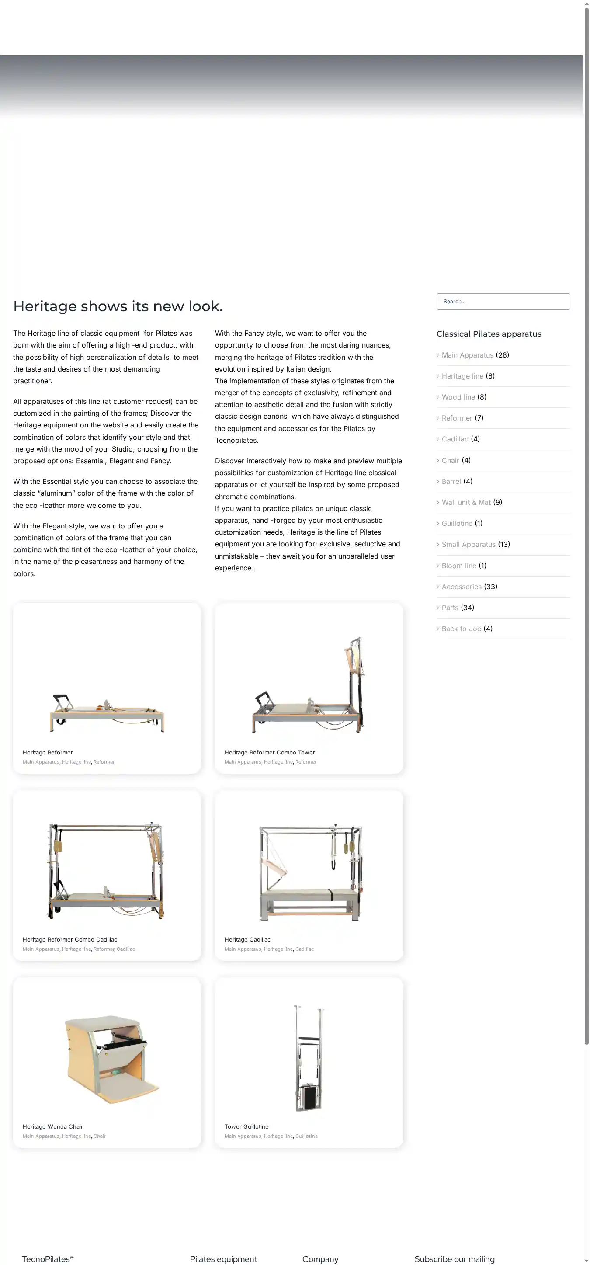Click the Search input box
pyautogui.click(x=503, y=302)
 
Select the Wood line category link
pyautogui.click(x=458, y=397)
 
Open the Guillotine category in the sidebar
pyautogui.click(x=457, y=524)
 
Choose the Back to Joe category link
pyautogui.click(x=461, y=629)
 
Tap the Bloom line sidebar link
pyautogui.click(x=458, y=566)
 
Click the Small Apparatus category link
pyautogui.click(x=468, y=544)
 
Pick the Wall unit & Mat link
pyautogui.click(x=466, y=502)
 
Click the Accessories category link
pyautogui.click(x=462, y=587)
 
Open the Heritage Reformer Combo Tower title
pyautogui.click(x=270, y=752)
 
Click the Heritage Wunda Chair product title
pyautogui.click(x=52, y=1126)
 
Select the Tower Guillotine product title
pyautogui.click(x=246, y=1126)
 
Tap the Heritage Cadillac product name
pyautogui.click(x=247, y=939)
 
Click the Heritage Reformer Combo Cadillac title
pyautogui.click(x=69, y=939)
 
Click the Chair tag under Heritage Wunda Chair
pyautogui.click(x=99, y=1136)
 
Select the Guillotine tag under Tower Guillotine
pyautogui.click(x=306, y=1136)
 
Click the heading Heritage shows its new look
pyautogui.click(x=118, y=306)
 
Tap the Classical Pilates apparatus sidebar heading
pyautogui.click(x=489, y=334)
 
